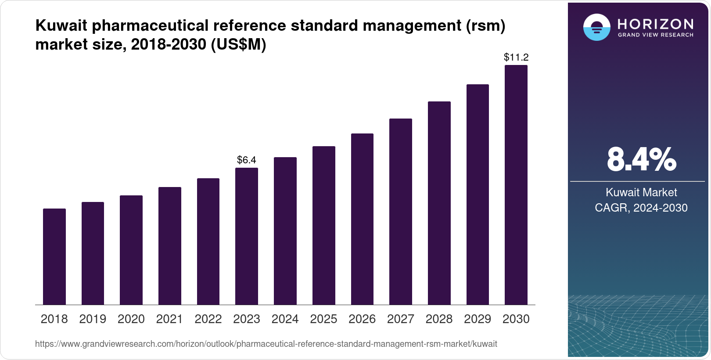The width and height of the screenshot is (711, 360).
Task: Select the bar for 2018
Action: coord(54,257)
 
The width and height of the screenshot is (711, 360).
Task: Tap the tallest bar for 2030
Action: coord(516,185)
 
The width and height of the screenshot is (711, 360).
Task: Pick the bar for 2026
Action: coord(362,219)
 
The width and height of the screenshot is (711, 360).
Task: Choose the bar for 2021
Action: coord(169,246)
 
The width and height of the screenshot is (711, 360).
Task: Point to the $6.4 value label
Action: coord(247,160)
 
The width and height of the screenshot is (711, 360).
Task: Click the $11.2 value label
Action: coord(516,58)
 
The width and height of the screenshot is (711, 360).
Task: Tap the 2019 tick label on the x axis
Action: coord(93,319)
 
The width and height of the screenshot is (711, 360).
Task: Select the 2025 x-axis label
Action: coord(323,319)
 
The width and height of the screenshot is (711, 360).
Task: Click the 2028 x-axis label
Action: coord(439,319)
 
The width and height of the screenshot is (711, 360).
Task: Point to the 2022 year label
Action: coord(208,319)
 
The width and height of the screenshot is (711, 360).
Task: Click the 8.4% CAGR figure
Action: coord(641,160)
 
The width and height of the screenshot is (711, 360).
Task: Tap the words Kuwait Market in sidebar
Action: coord(641,192)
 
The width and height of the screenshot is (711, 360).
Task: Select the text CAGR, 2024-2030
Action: coord(641,208)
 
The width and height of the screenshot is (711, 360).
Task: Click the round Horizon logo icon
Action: coord(596,28)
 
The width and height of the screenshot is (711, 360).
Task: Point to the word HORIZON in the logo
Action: coord(656,24)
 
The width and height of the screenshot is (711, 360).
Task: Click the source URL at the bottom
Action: coord(266,344)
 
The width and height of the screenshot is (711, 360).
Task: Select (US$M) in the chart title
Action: coord(239,45)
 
